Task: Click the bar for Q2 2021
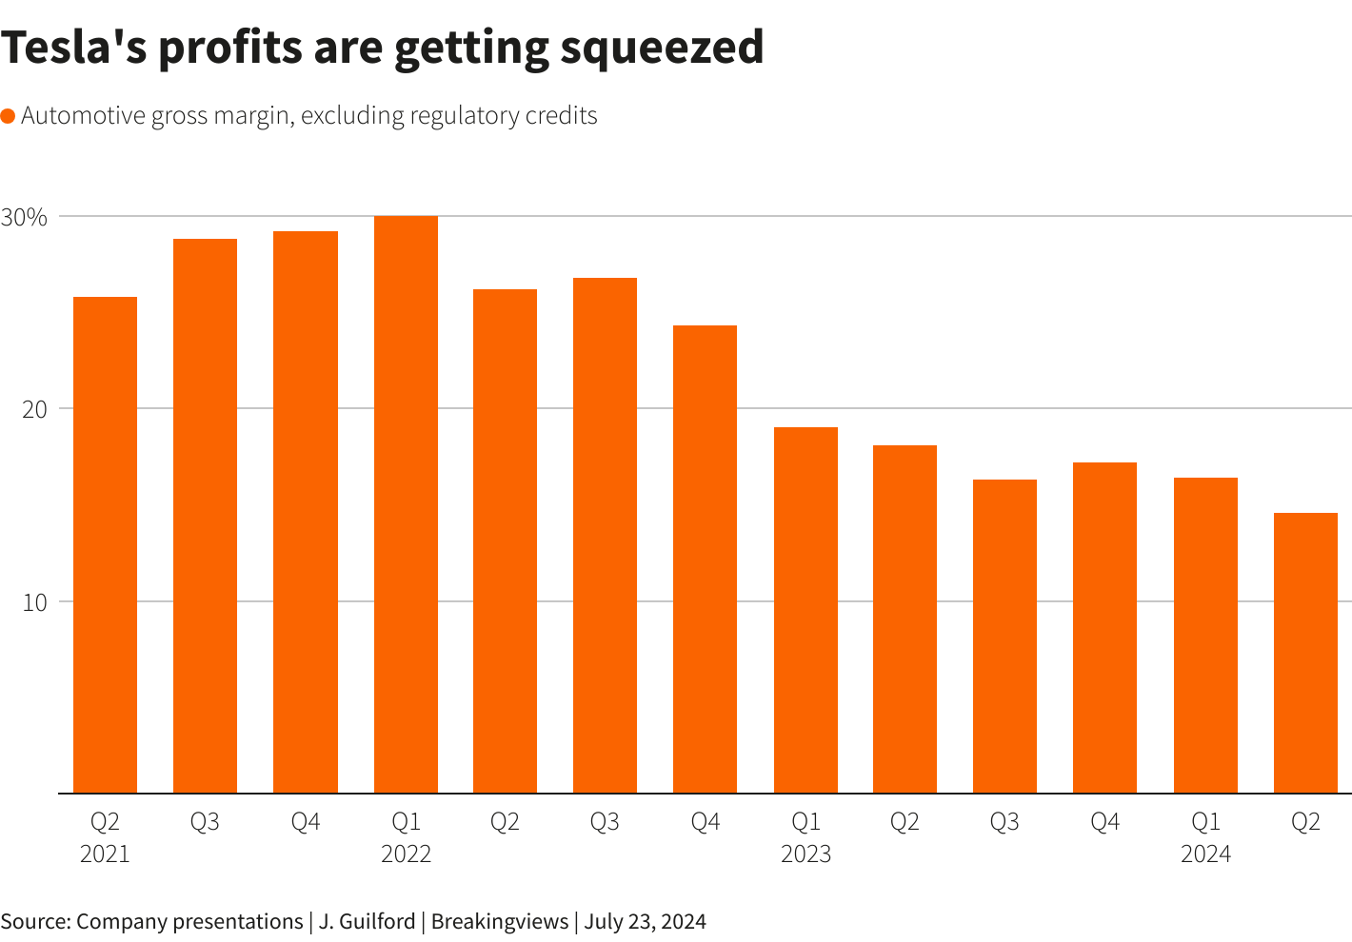coord(105,544)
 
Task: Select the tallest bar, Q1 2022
coord(406,504)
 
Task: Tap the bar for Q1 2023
coord(805,610)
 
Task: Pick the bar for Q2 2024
coord(1305,653)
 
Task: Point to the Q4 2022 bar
coord(705,559)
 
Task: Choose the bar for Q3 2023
coord(1004,636)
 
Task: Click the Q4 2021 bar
coord(305,512)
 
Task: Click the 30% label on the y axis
coord(24,217)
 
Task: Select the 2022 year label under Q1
coord(406,854)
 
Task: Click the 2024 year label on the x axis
coord(1205,854)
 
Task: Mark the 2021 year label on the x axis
coord(105,854)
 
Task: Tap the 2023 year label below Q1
coord(805,854)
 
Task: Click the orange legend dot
coord(8,116)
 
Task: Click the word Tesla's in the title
coord(71,48)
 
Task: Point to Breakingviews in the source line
coord(500,921)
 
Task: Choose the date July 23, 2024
coord(646,921)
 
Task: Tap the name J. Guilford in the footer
coord(367,921)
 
